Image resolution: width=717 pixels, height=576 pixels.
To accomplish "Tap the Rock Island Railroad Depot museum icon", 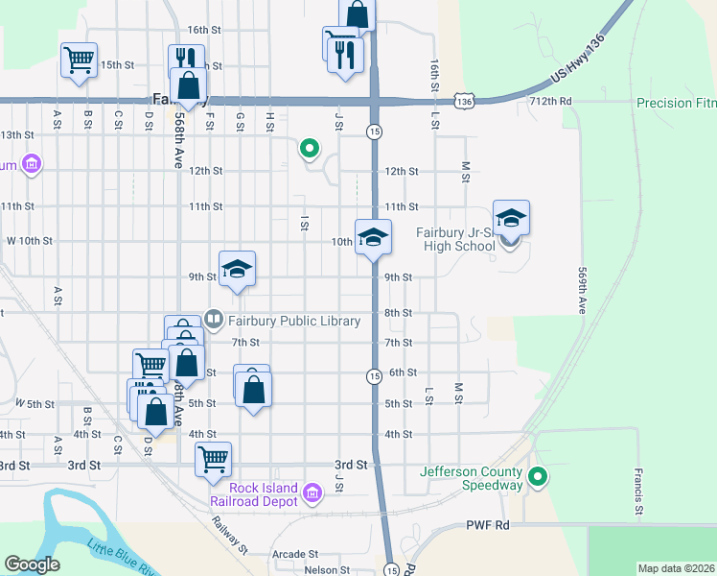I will click(312, 493).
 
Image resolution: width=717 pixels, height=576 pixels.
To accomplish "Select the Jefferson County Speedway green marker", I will click(539, 476).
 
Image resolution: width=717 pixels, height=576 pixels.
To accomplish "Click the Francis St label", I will click(637, 490).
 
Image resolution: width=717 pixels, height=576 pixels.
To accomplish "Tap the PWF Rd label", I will click(486, 525).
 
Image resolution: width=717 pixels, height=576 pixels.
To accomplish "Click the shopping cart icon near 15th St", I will click(80, 60).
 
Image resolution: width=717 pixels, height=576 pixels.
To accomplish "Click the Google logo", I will click(32, 564).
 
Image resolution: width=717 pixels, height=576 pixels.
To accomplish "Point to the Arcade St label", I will click(294, 554).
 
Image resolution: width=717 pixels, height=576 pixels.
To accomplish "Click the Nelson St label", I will click(327, 570).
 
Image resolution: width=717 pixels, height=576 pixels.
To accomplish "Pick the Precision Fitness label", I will click(677, 103).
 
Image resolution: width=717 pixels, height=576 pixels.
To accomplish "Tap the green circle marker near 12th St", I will click(309, 148).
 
